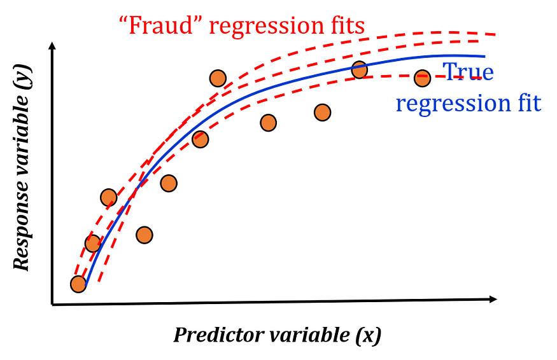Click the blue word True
click(468, 71)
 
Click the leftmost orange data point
click(78, 284)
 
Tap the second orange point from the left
click(93, 244)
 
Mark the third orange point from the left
click(109, 197)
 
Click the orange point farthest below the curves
click(145, 235)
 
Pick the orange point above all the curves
click(218, 78)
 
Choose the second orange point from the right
click(360, 70)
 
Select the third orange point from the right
click(323, 113)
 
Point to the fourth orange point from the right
click(269, 123)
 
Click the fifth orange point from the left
click(169, 183)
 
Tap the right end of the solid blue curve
click(486, 56)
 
